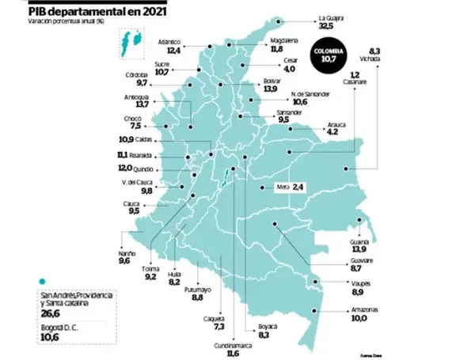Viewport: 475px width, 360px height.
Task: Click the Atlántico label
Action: pos(170,40)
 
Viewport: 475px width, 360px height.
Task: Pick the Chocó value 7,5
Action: pos(135,126)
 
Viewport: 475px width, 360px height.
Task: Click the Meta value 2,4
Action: pos(298,187)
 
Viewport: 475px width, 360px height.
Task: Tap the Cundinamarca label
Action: pos(234,346)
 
